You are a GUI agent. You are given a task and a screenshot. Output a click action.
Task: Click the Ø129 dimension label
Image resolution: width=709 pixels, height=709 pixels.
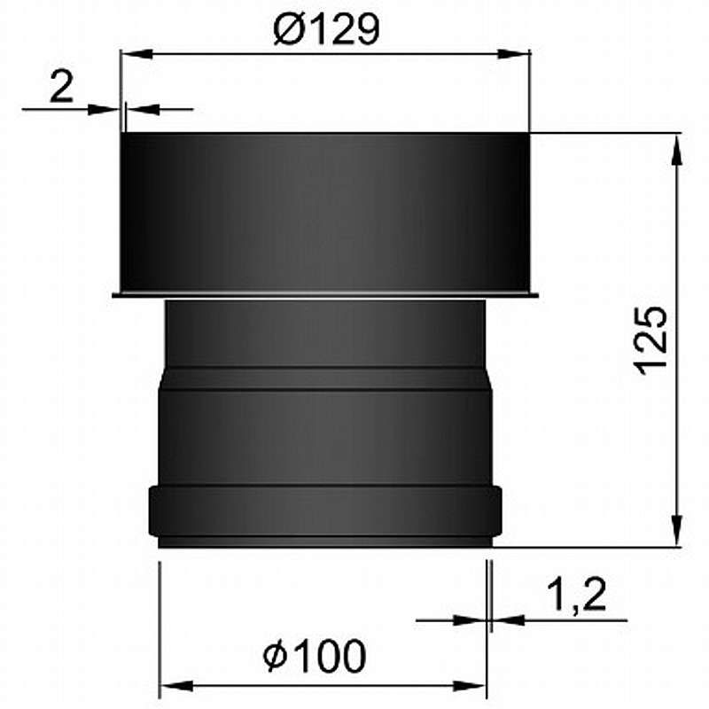[326, 30]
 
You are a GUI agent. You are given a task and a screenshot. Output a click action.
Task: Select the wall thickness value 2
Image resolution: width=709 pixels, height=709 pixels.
[60, 89]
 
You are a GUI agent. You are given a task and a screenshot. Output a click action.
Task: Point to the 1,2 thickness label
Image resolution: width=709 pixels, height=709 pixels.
[576, 593]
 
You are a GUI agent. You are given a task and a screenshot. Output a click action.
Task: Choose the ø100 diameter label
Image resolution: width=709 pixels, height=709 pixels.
[315, 657]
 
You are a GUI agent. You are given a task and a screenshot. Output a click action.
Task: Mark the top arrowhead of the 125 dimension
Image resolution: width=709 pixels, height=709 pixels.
[678, 147]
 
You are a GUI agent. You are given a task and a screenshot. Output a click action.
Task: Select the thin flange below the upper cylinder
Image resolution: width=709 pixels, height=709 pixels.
[326, 294]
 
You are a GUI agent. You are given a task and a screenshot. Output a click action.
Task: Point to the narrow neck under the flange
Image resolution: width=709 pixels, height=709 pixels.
[326, 331]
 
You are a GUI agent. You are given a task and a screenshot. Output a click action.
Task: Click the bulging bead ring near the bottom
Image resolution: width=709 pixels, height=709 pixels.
[326, 512]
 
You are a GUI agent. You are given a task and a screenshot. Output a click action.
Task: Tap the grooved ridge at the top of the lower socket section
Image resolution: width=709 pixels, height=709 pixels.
[326, 379]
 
